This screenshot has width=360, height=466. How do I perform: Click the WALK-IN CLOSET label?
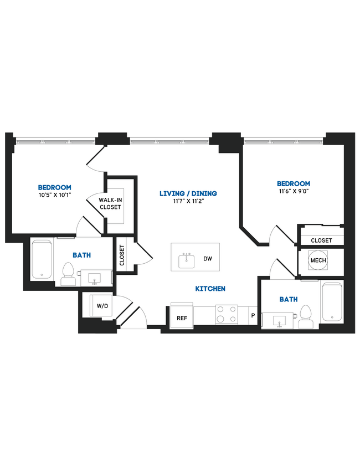click(110, 203)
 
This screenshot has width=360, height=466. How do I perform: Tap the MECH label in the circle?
click(317, 261)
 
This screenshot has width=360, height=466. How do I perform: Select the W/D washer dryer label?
click(102, 306)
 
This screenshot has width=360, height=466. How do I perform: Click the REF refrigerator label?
click(181, 318)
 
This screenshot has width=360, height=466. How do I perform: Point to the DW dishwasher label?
click(208, 259)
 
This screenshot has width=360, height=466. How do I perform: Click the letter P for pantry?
click(253, 316)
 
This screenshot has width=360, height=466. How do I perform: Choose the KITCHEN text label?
click(210, 289)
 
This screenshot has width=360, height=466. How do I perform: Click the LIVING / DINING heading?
click(188, 193)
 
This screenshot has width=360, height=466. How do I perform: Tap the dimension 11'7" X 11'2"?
click(188, 201)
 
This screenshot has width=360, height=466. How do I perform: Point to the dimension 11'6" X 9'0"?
click(293, 191)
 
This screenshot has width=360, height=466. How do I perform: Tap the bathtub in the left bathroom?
click(42, 259)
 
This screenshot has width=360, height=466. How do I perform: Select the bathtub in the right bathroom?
click(332, 303)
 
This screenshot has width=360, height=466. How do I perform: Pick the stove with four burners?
click(226, 314)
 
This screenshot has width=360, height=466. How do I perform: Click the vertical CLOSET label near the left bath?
click(122, 255)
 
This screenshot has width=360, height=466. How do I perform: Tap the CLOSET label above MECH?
click(321, 240)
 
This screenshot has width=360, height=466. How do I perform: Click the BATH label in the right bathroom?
click(288, 299)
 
